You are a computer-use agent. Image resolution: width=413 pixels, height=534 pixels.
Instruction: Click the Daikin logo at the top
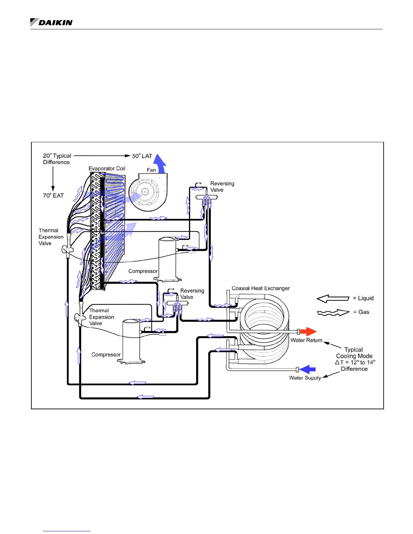coord(51,23)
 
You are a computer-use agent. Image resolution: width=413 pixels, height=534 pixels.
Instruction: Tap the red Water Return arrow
coord(308,331)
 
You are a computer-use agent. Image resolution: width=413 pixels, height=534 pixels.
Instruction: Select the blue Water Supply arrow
coord(308,369)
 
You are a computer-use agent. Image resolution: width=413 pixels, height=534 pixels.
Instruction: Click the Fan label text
coord(152,170)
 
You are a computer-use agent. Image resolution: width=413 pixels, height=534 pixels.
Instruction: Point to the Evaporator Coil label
coord(107,168)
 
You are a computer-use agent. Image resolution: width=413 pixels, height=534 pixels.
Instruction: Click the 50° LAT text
coord(142,156)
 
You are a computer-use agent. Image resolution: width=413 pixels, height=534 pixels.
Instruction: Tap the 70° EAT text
coord(53,196)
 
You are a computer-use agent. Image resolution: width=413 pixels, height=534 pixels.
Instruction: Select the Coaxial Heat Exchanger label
coord(260,288)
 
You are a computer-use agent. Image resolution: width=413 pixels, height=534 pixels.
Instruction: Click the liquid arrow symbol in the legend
coord(333,298)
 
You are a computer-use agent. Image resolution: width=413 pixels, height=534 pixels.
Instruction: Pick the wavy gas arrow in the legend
coord(333,313)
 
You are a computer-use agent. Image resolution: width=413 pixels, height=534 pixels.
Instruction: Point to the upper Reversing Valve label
coord(222,187)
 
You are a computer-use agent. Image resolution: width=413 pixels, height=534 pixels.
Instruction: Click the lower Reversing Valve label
coord(192,294)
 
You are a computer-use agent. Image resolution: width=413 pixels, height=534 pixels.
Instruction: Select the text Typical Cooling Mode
coord(354,353)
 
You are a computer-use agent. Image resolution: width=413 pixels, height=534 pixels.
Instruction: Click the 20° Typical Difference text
coord(57,159)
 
